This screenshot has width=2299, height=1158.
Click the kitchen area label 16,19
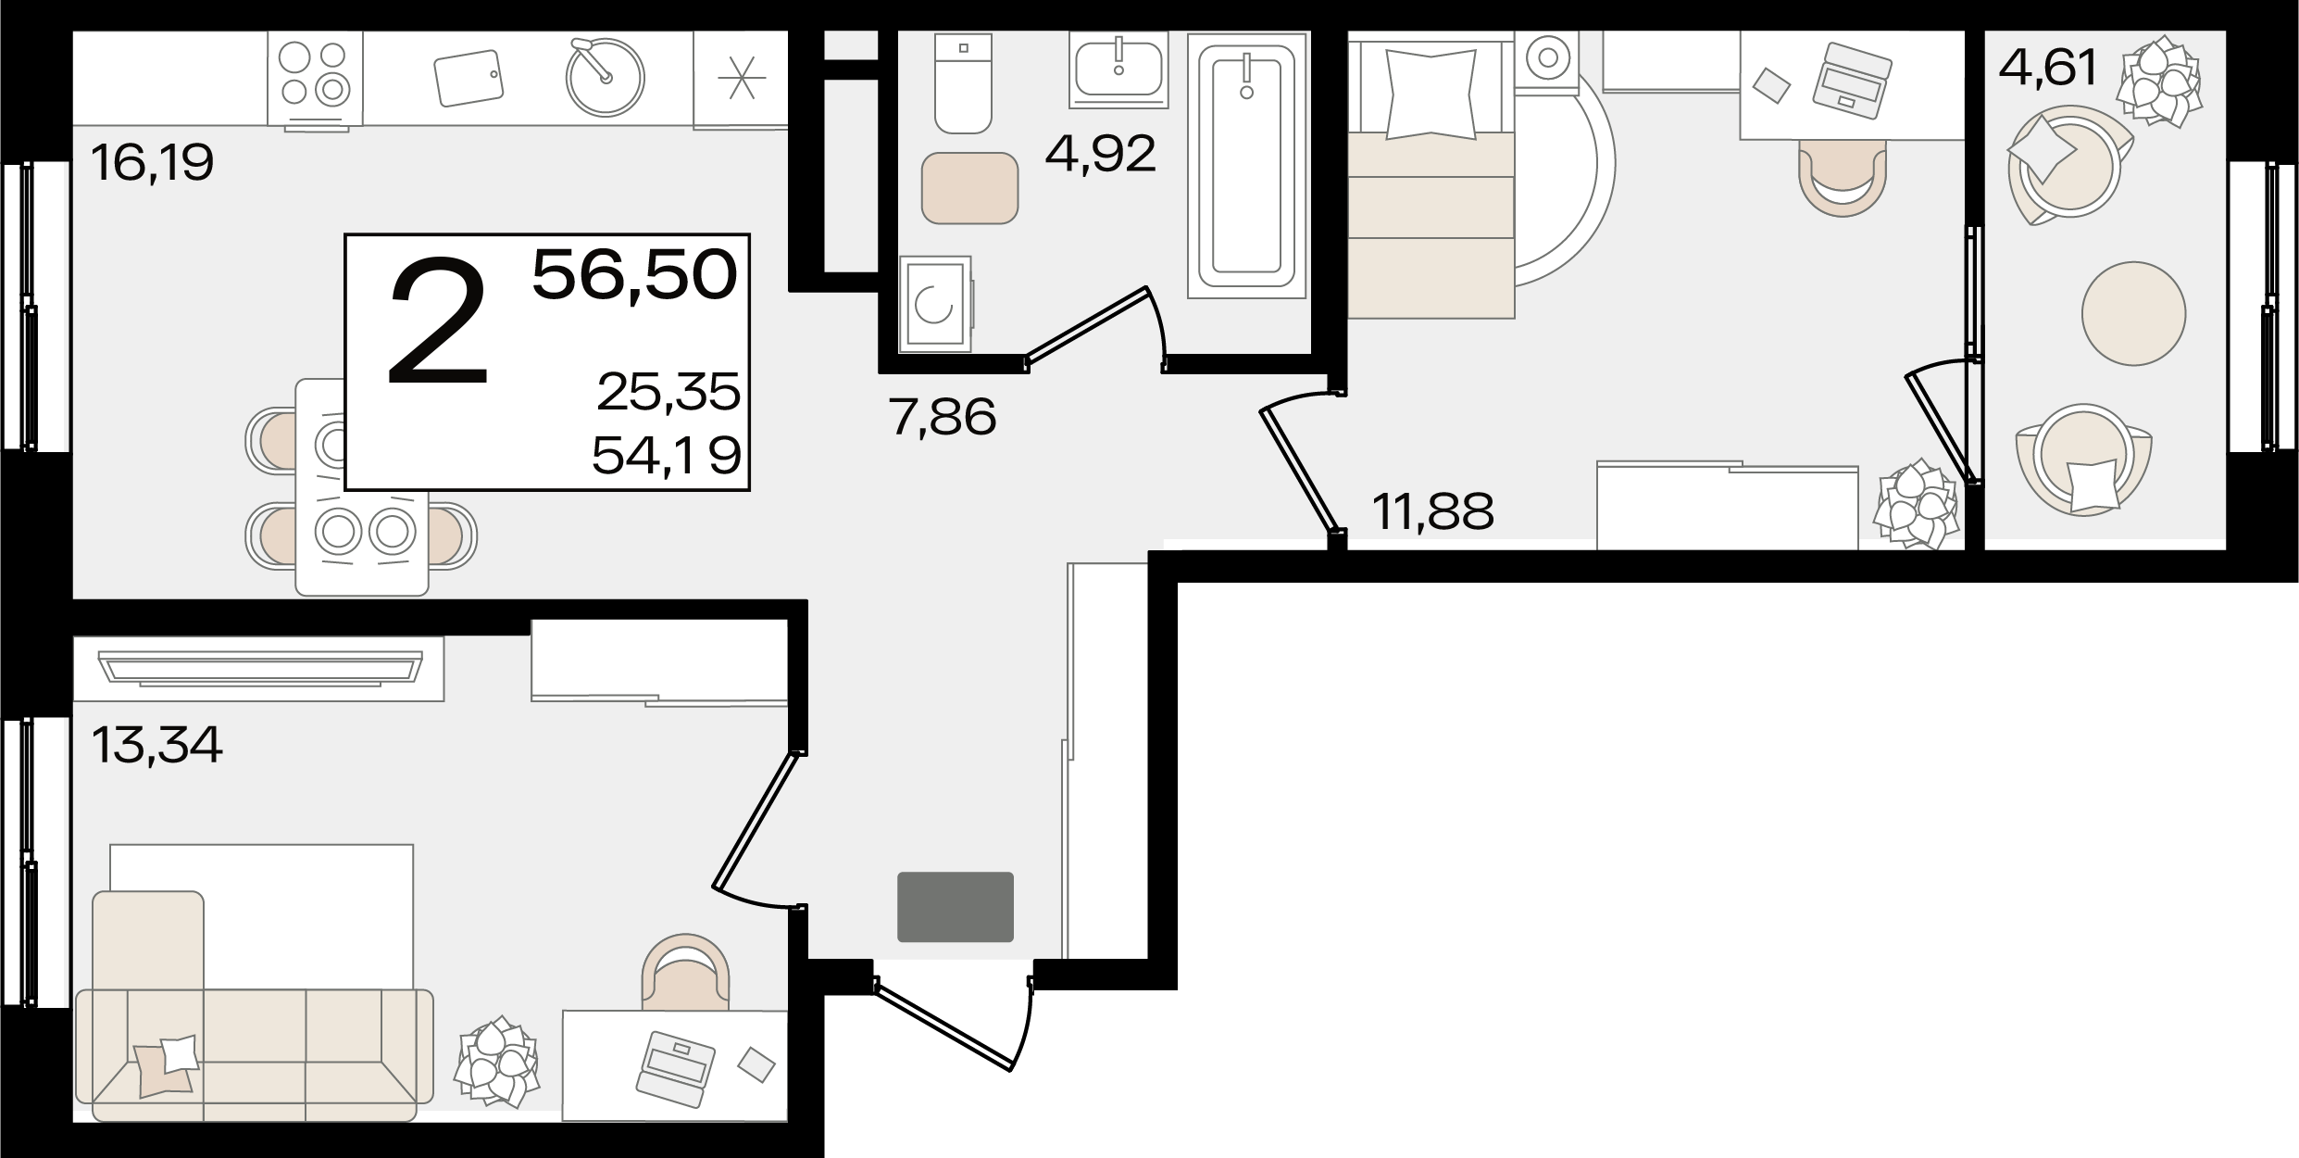coord(153,163)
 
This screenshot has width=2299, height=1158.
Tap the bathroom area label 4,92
coord(1101,154)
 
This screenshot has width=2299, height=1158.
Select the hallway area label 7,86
coord(943,417)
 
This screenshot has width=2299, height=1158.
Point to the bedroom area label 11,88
coord(1433,511)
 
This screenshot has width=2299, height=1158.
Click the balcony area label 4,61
coord(2048,68)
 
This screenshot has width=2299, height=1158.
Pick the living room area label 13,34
coord(157,745)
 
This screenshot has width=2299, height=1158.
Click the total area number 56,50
coord(635,275)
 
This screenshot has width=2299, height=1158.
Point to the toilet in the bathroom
coord(964,84)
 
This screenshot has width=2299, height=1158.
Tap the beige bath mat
coord(970,188)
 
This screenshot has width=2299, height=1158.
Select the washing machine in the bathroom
coord(935,304)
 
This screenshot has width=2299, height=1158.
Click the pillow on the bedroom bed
coord(1431,94)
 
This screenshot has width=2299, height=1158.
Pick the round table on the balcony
coord(2134,313)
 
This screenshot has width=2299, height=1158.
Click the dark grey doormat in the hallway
coord(956,906)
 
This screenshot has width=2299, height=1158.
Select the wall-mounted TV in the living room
coord(259,669)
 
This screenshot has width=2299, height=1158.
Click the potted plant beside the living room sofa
coord(497,1063)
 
